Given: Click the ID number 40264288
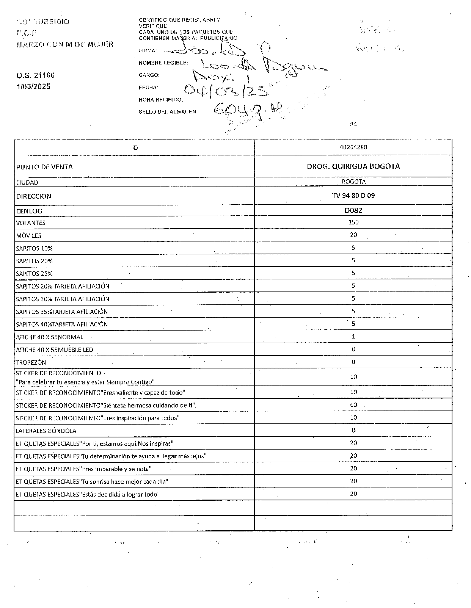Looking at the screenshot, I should (353, 147).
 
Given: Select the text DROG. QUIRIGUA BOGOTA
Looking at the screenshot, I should (353, 166).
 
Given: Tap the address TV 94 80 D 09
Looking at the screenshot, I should (353, 196).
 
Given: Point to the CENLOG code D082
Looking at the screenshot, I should (353, 211).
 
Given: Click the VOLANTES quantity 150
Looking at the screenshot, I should (353, 223).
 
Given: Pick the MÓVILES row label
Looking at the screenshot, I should (29, 236).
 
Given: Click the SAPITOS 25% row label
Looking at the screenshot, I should (34, 274).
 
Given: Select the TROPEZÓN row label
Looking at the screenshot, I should (31, 362).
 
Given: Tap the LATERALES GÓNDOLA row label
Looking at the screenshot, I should (46, 431).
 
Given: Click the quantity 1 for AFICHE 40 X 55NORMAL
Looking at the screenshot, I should (353, 337).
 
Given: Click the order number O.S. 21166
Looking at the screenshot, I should (35, 75).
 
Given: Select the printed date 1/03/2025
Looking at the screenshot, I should (33, 86).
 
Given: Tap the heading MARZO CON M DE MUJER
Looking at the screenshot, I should (65, 44).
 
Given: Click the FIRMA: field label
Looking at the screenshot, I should (148, 51).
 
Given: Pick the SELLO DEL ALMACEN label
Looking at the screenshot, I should (167, 112).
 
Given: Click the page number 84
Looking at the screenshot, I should (353, 124).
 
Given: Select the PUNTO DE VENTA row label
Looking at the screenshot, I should (44, 167).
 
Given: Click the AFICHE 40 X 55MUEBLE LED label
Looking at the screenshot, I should (54, 350).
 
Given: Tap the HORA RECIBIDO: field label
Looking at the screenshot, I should (161, 100).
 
